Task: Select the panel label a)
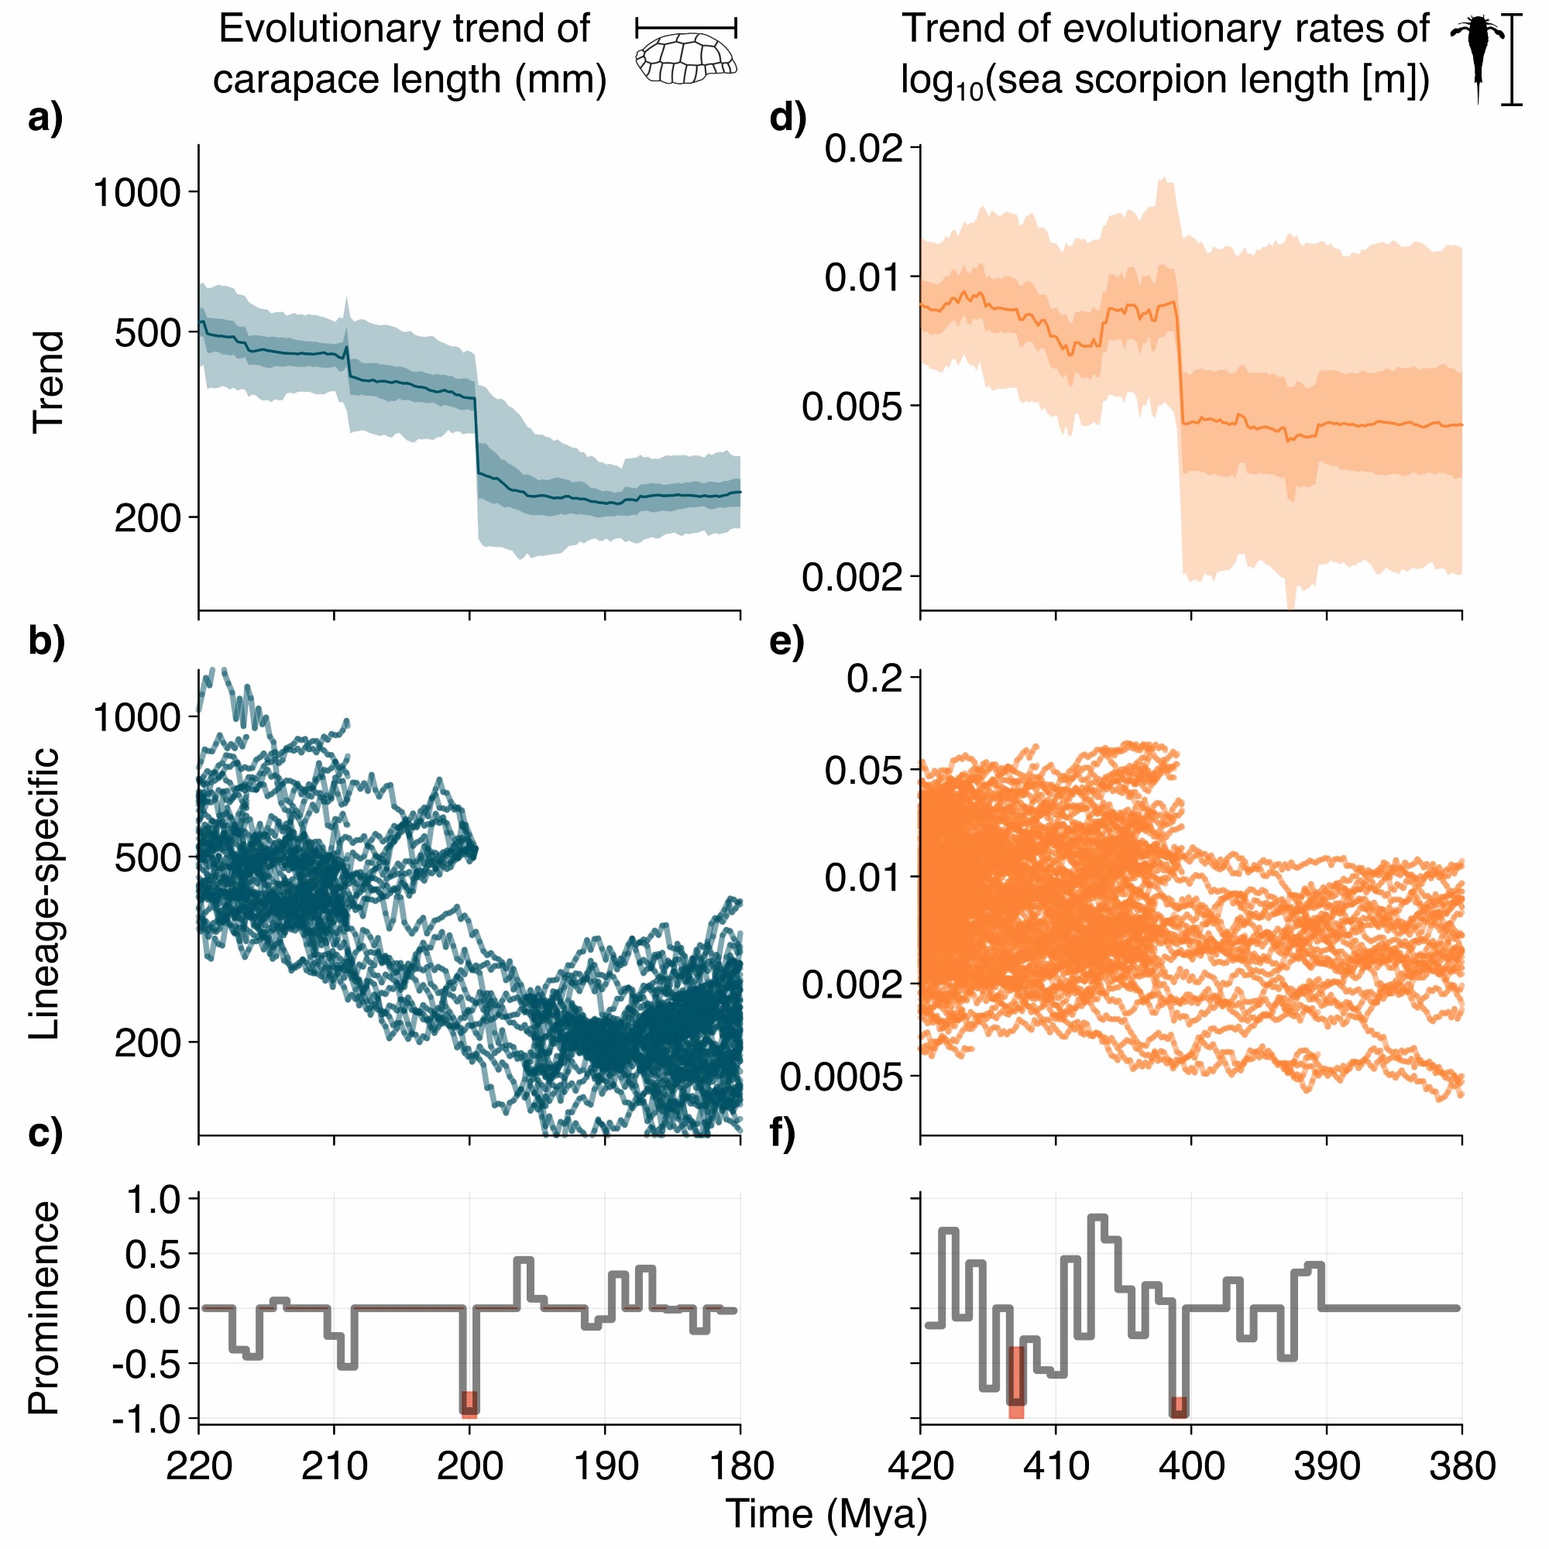click(45, 119)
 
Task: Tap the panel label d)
click(788, 119)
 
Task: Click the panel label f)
click(782, 1135)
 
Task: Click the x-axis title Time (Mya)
click(826, 1513)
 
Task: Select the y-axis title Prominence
click(44, 1307)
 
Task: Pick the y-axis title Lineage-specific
click(44, 893)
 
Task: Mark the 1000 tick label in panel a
click(136, 192)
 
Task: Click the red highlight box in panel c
click(470, 1404)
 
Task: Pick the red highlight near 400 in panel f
click(1179, 1407)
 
